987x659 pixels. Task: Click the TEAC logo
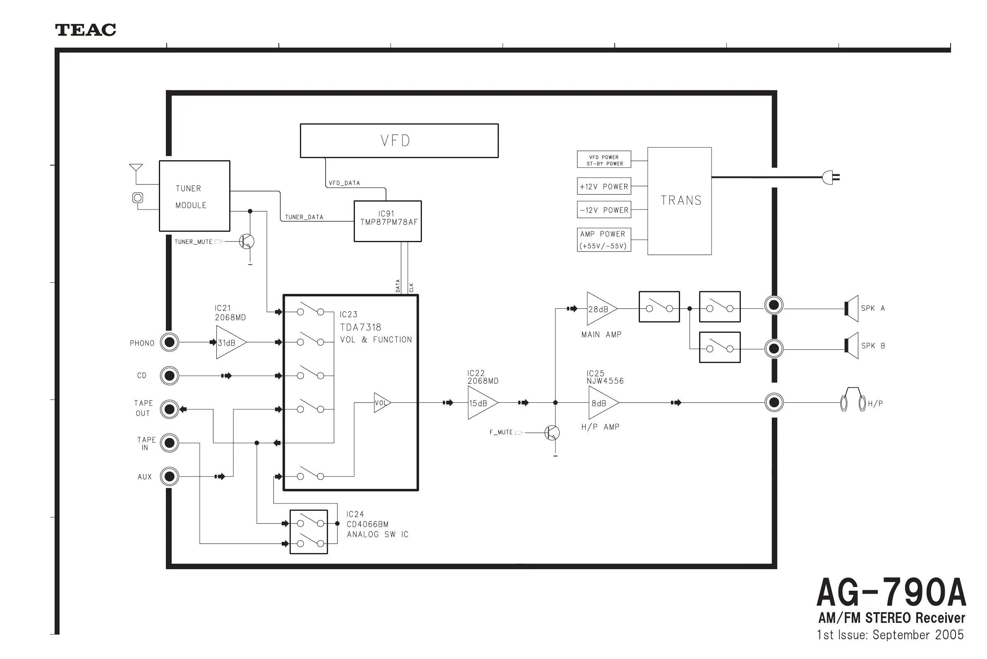coord(86,30)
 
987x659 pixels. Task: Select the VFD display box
coord(399,141)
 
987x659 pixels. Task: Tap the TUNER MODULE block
coord(194,196)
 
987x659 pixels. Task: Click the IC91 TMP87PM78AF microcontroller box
coord(388,221)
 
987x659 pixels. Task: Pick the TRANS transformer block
coord(679,201)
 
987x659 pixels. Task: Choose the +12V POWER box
coord(604,186)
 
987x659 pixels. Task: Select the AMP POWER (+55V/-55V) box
coord(604,240)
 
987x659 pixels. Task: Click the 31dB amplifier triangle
coord(229,342)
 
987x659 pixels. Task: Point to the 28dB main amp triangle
coord(600,309)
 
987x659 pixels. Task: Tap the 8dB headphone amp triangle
coord(601,403)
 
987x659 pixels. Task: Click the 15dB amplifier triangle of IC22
coord(481,403)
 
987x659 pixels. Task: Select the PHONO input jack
coord(170,342)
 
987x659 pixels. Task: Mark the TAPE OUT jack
coord(170,409)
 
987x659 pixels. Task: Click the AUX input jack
coord(170,476)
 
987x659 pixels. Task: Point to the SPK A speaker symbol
coord(851,308)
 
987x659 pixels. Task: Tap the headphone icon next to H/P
coord(853,400)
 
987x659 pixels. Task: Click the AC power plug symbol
coord(830,177)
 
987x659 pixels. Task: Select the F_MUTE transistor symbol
coord(552,433)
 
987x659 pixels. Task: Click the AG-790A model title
coord(891,592)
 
